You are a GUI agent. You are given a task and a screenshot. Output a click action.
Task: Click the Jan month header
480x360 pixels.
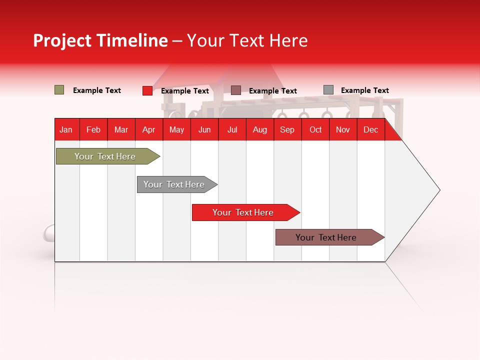[66, 130]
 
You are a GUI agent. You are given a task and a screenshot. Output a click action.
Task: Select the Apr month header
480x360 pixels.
[148, 130]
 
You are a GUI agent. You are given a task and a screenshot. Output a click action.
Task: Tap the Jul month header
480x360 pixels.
[232, 130]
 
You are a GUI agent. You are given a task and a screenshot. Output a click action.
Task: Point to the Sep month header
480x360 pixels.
[287, 130]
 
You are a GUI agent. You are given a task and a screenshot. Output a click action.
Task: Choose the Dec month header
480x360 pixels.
[370, 130]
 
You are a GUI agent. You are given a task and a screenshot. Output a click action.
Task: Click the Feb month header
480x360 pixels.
[93, 130]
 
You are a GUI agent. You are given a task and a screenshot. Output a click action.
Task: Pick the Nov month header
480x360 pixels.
[342, 130]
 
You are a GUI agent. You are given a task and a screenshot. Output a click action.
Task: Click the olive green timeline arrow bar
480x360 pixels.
[105, 156]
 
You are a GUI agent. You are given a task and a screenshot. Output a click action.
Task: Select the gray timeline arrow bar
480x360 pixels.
[174, 184]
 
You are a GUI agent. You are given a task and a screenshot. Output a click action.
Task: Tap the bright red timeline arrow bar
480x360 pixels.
[243, 212]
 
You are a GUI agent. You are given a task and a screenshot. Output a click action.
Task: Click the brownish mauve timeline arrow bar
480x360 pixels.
[326, 237]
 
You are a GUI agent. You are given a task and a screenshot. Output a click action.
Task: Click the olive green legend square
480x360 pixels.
[59, 90]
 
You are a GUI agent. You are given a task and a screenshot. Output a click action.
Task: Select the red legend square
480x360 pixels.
[147, 90]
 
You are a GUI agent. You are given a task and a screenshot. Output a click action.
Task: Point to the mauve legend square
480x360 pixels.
[236, 90]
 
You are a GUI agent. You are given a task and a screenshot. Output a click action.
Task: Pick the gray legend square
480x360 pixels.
[328, 90]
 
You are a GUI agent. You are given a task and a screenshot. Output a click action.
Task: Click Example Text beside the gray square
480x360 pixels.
[364, 90]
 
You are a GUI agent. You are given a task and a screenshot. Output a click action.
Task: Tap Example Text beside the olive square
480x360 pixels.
[97, 90]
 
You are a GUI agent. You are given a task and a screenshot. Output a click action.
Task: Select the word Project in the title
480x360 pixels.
[62, 40]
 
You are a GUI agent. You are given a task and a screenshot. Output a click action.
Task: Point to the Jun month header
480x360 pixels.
[204, 130]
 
